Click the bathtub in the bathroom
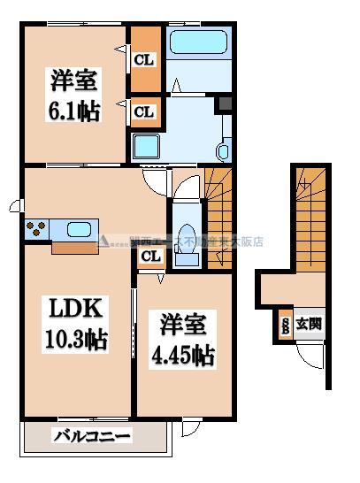coord(197,43)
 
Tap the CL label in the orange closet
coord(145,60)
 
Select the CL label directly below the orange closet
coord(145,112)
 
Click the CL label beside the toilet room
coord(150,257)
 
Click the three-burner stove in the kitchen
coord(36,230)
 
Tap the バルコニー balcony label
coord(91,436)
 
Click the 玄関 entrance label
coord(309,325)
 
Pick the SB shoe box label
coord(285,325)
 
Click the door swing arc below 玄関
coord(309,356)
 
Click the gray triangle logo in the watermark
coord(103,241)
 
